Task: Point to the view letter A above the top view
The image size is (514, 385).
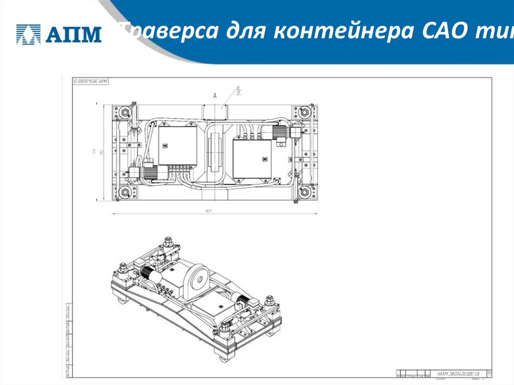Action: (215, 95)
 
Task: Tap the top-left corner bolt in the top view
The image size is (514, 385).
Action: (121, 110)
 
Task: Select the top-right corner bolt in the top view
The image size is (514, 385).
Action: (303, 111)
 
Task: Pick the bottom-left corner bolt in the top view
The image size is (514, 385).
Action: (121, 193)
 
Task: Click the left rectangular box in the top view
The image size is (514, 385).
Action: (178, 146)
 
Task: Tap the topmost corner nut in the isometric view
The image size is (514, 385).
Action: (166, 240)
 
